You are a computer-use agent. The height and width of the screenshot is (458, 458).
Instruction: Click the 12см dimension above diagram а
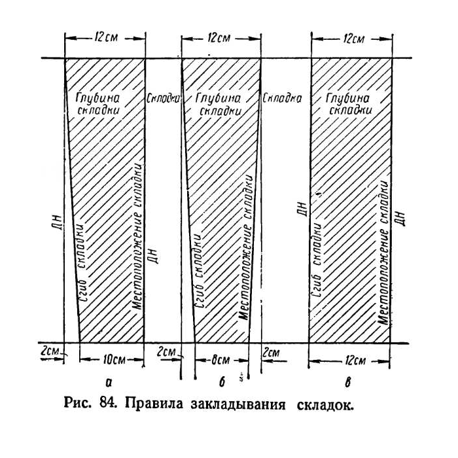106,38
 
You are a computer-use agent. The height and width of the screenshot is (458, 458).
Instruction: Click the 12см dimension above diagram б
219,38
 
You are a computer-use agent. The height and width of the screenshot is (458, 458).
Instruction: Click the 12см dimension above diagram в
354,38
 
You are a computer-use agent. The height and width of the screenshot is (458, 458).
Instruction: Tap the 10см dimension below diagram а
114,360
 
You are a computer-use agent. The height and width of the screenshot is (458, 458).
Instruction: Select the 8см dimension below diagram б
220,360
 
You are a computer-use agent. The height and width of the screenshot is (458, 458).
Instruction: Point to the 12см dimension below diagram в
354,361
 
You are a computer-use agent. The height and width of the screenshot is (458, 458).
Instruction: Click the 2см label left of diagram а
50,351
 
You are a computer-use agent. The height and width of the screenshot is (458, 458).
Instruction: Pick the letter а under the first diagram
109,382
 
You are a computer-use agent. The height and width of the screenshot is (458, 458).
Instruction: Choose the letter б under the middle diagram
222,381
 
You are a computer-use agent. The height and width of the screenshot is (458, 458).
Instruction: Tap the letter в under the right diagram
347,382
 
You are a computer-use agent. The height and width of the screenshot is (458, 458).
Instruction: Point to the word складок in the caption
325,404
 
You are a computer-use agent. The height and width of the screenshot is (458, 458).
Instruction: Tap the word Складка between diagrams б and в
282,98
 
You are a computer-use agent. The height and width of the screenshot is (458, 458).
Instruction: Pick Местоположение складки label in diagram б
245,247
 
